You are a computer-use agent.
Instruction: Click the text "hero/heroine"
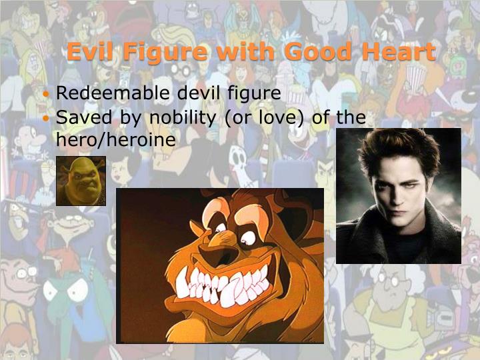116,140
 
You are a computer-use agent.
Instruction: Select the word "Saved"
83,118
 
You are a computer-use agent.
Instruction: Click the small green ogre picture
81,181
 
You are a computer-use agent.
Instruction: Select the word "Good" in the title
315,52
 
